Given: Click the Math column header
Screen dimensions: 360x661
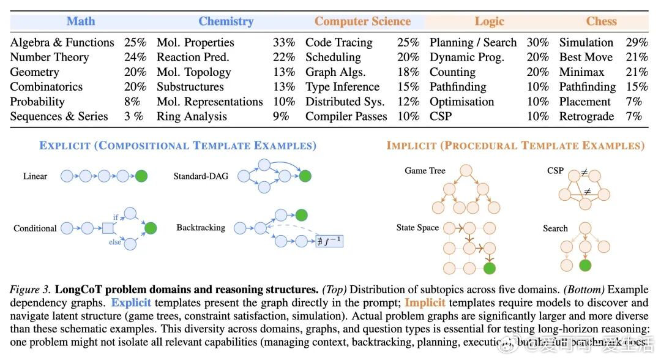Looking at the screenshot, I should pos(81,21).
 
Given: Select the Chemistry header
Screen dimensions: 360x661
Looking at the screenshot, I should pos(226,21).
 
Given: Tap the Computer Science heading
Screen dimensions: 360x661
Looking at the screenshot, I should pos(362,21).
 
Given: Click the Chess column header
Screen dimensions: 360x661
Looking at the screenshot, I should pos(601,21).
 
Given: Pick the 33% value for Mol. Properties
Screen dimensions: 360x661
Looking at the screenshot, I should pos(284,43).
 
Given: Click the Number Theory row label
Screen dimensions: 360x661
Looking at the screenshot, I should pos(50,58).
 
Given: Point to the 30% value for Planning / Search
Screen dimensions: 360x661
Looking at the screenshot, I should pos(538,43).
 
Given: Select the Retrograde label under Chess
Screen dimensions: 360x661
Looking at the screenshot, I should pos(586,116).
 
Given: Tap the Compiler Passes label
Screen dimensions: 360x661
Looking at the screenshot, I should pos(346,116).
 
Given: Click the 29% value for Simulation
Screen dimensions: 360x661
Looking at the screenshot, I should pos(637,43).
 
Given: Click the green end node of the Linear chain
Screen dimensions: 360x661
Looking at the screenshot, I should pos(141,176).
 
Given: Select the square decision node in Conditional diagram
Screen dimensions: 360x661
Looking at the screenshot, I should pos(108,228).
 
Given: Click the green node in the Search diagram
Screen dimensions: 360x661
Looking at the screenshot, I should pos(586,266).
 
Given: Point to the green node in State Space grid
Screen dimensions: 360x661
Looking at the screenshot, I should pos(488,268).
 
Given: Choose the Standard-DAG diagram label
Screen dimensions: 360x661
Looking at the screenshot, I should pos(201,176).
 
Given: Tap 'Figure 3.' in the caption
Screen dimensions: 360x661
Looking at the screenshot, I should pos(30,289).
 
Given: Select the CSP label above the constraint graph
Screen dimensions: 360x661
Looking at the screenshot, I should pos(555,171).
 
